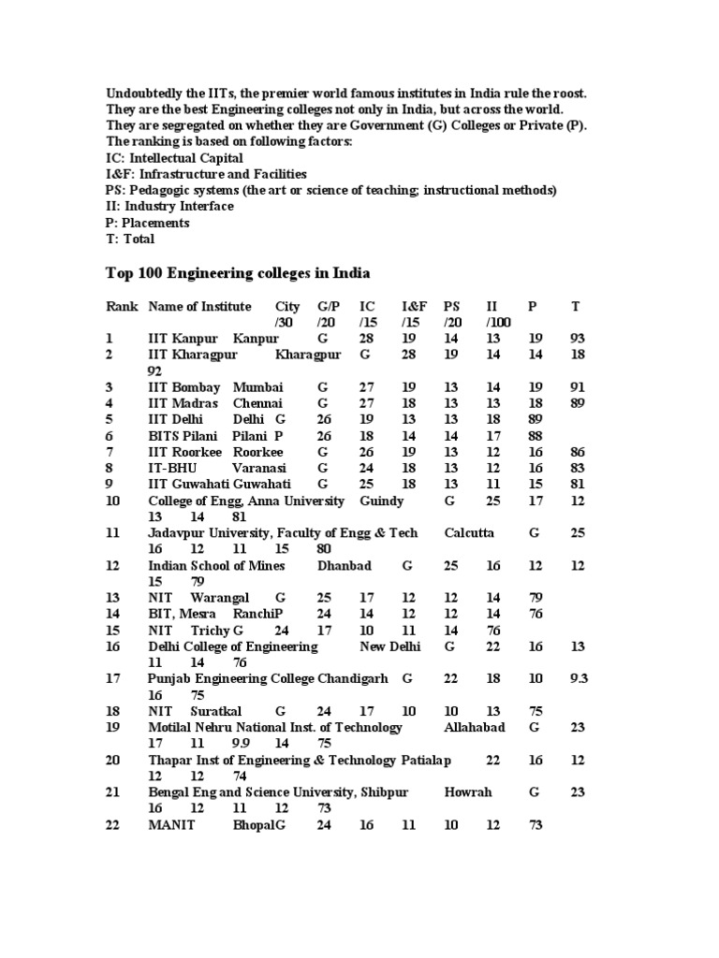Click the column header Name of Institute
tap(199, 306)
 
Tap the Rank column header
tap(122, 306)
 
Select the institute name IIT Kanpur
tap(183, 338)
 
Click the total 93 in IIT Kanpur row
tap(578, 338)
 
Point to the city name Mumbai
tap(254, 386)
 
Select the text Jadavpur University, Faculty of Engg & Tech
tap(283, 532)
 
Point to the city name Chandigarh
tap(351, 678)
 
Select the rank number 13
tap(113, 597)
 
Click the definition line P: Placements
tap(148, 223)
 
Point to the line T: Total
tap(130, 239)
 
